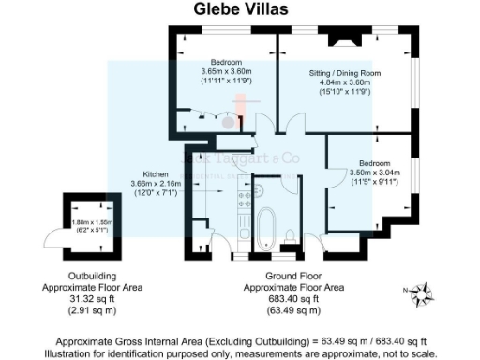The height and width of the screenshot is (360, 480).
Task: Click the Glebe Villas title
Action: tap(240, 10)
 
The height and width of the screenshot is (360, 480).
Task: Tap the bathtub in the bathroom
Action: tap(266, 227)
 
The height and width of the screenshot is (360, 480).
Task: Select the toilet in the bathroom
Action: tap(292, 234)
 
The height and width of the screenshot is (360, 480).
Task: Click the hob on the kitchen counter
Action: tap(244, 198)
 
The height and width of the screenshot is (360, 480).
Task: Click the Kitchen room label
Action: tap(155, 174)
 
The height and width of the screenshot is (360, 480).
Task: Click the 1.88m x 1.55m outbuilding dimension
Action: tap(94, 222)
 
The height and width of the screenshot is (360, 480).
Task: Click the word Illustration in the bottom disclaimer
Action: tap(82, 352)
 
